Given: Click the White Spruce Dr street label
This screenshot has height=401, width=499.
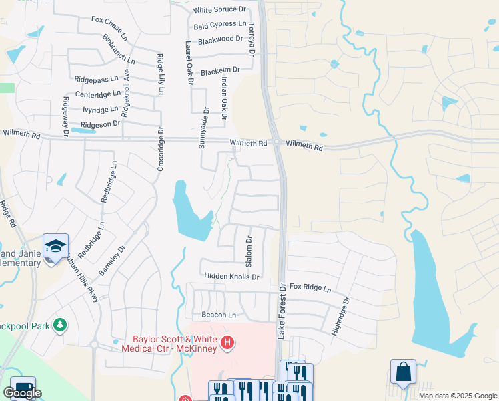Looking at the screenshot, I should coord(219,10).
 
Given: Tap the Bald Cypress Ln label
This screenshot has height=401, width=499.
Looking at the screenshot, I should coord(219,25).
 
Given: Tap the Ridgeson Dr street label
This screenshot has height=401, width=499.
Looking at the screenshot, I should coord(100,124).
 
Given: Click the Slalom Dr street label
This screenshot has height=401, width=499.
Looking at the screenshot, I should coord(249,248).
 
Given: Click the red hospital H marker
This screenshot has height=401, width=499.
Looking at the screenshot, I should coord(227,344).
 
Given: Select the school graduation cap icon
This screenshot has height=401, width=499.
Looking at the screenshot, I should coord(56,246).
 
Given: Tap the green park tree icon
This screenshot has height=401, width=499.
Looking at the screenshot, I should coord(61,325).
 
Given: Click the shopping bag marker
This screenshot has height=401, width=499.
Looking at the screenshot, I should coord(403,372).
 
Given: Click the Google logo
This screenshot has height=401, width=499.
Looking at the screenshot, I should coord(22,393).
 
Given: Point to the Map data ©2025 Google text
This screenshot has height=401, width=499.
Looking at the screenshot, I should coord(457,396).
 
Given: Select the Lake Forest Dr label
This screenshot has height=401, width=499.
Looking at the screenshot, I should coord(282,310).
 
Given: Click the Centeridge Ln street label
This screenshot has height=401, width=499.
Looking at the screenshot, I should coord(98,94).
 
